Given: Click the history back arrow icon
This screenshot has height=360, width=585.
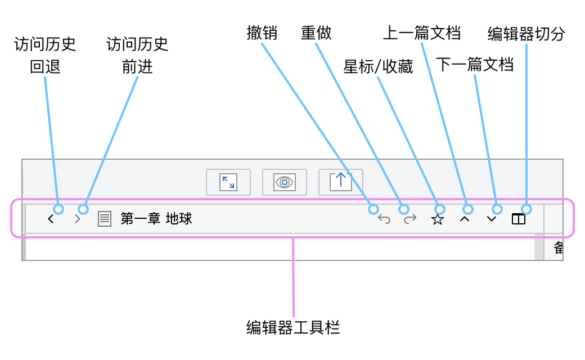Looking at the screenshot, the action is (x=51, y=219).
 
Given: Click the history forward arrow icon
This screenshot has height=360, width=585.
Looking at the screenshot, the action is (x=78, y=219).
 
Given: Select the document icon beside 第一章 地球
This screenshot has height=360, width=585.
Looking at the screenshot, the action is (x=105, y=219).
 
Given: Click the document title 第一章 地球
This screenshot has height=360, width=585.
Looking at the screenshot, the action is (x=156, y=219).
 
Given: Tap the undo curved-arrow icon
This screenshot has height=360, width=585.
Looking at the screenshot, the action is (x=384, y=219).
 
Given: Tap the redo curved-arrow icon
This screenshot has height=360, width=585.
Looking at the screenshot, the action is (x=410, y=219).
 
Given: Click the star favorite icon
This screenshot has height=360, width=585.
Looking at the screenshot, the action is (x=437, y=219).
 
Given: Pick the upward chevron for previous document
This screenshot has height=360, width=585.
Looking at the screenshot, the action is (x=465, y=219).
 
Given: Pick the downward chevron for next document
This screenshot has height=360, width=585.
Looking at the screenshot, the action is (x=492, y=219).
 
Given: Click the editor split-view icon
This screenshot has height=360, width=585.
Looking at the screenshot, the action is (x=519, y=219).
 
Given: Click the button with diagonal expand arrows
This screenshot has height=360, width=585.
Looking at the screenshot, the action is (x=228, y=182).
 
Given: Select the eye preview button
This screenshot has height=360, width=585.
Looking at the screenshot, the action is (x=285, y=182).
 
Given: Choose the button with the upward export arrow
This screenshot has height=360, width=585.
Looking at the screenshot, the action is (x=341, y=182).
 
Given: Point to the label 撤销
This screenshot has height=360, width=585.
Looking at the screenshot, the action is (x=262, y=33).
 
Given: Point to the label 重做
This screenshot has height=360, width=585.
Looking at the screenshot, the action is (x=316, y=33).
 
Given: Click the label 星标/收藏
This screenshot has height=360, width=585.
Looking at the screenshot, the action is (x=378, y=67).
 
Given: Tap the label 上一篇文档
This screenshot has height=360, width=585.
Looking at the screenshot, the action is (x=422, y=33).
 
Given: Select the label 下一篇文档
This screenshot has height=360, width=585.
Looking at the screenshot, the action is (x=475, y=65).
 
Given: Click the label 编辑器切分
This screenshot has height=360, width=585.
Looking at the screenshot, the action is (x=526, y=34).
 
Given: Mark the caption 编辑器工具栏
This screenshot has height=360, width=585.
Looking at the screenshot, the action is (x=293, y=328).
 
